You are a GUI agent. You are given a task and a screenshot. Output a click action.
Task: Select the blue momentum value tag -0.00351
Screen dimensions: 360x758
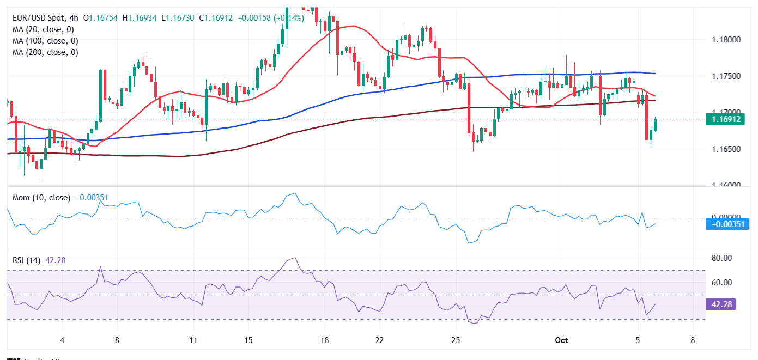[727, 224]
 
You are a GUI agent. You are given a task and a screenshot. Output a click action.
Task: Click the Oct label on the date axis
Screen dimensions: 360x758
[561, 340]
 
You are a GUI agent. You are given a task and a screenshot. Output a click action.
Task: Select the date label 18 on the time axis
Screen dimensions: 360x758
[325, 340]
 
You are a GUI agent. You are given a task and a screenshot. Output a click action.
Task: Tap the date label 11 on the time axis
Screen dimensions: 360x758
[193, 340]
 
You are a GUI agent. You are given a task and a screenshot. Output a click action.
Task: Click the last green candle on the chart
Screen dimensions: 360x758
[655, 124]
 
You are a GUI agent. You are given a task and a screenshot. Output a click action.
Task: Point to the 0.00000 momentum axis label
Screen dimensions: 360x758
[727, 217]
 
